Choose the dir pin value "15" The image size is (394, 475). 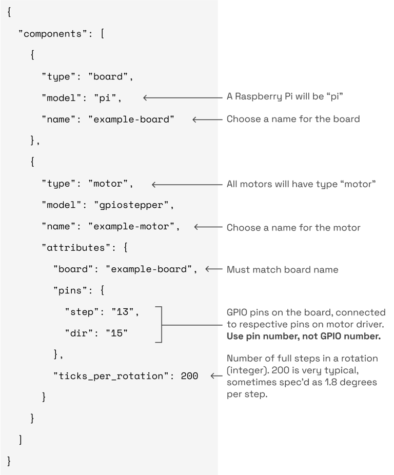(x=117, y=333)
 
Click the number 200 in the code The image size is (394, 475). (x=189, y=376)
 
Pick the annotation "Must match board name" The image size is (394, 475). (x=282, y=270)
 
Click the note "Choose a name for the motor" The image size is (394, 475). (x=293, y=228)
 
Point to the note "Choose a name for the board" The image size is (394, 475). (x=293, y=119)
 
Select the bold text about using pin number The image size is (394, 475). (x=304, y=337)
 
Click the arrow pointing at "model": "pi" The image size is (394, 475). (x=182, y=97)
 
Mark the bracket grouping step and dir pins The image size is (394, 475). (x=161, y=324)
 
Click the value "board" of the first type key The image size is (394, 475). (x=108, y=76)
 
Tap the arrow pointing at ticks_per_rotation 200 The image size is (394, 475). (x=216, y=377)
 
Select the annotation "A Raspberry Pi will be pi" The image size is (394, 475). (x=285, y=96)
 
